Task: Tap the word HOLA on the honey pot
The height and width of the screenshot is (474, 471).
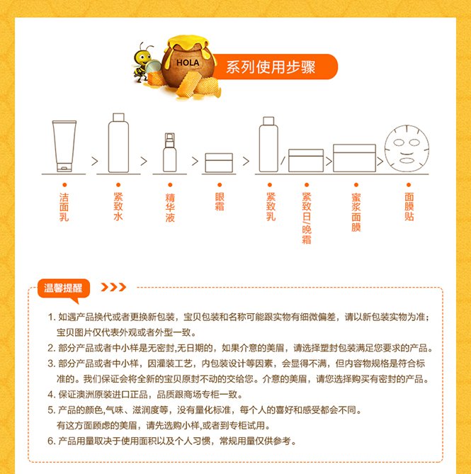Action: pos(188,63)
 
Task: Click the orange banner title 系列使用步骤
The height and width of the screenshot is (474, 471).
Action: pos(271,67)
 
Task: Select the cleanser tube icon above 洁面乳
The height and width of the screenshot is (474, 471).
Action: pos(64,146)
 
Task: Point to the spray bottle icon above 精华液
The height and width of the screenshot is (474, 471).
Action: pos(170,152)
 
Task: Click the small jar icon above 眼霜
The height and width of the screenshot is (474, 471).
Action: pos(219,163)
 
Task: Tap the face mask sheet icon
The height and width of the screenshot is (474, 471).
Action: pos(407,148)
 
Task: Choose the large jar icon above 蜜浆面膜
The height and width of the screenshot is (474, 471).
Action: pos(354,158)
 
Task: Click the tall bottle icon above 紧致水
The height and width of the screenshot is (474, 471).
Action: pos(118,142)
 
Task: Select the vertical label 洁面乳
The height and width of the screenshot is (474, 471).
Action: pos(64,207)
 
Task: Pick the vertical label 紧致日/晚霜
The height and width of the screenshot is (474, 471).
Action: pos(307,218)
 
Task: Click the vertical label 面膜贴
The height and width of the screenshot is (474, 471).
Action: pos(409,207)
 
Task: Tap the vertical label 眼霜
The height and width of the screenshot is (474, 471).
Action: pos(220,201)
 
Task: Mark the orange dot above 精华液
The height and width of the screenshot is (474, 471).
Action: pos(170,185)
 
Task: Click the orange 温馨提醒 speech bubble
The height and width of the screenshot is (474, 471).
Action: pos(64,290)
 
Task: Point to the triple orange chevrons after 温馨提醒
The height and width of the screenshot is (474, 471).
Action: pos(113,287)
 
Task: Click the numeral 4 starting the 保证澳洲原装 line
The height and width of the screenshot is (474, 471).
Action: pos(50,395)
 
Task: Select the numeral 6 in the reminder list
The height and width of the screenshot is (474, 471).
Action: pos(50,441)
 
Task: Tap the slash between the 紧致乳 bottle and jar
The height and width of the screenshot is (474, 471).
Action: pos(283,161)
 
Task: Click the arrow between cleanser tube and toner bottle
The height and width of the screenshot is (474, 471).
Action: pos(95,162)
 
